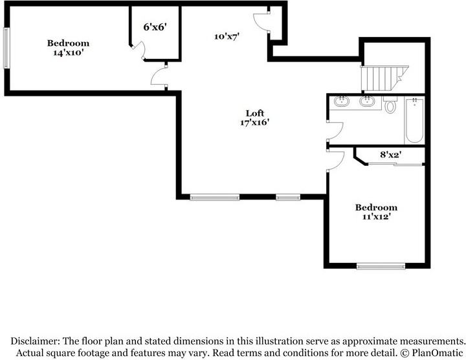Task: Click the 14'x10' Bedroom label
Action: point(68,48)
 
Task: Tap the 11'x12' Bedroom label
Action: point(376,212)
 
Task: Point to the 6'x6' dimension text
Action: point(155,27)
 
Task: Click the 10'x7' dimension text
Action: point(227,37)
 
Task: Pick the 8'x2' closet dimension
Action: point(391,155)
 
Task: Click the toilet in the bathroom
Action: point(390,105)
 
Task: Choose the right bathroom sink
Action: point(367,101)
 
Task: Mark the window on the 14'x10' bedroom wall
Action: point(6,48)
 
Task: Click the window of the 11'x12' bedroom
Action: point(381,265)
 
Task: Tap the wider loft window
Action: point(214,197)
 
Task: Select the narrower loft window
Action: point(287,197)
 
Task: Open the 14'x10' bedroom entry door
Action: point(159,78)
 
